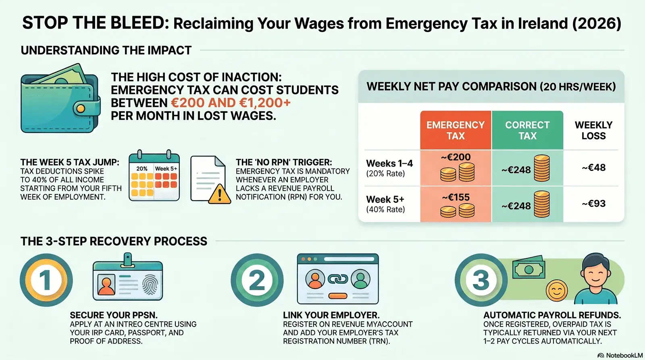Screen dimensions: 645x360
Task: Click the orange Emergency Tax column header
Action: point(456,130)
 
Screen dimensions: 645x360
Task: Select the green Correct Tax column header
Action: point(528,130)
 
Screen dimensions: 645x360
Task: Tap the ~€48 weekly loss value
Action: point(593,168)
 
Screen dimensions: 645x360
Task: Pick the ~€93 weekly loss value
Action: point(593,204)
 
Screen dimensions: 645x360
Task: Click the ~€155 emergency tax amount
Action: point(456,197)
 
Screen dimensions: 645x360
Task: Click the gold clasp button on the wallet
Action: point(81,108)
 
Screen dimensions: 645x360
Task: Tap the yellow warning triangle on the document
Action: point(219,194)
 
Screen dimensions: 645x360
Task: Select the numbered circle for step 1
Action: point(46,280)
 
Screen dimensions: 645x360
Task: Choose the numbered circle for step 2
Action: point(257,280)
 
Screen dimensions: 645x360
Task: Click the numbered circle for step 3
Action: point(481,280)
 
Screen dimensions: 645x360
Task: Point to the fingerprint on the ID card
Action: point(150,285)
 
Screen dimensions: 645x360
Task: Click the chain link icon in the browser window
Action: point(338,279)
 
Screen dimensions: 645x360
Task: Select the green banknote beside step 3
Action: point(528,267)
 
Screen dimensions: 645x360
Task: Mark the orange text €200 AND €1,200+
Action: point(231,103)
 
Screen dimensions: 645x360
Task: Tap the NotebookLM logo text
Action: point(624,356)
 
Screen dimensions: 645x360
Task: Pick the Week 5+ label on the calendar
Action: point(166,169)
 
